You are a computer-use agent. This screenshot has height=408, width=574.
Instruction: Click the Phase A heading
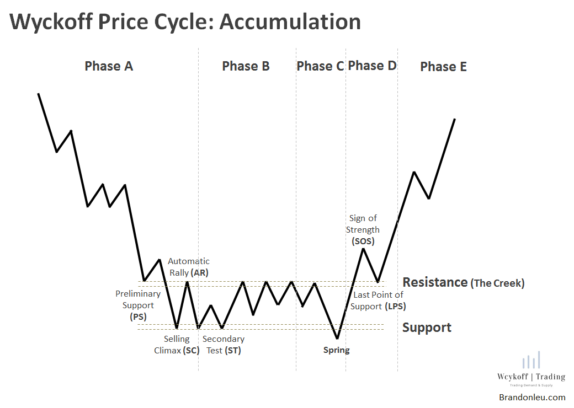(109, 66)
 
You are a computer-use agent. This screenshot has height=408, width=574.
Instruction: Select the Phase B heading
(246, 66)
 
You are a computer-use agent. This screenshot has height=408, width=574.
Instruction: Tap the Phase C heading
(320, 66)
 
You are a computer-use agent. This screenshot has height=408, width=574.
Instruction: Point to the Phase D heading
(372, 66)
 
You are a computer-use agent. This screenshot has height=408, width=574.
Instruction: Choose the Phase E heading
(443, 67)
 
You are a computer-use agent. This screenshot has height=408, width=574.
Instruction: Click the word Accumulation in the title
(290, 22)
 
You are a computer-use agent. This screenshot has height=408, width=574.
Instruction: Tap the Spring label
(336, 350)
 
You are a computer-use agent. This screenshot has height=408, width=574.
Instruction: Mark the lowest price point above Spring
(337, 338)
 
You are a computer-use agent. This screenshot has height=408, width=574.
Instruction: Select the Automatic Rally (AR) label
(189, 267)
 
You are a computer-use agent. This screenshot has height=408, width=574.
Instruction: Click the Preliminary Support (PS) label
(138, 305)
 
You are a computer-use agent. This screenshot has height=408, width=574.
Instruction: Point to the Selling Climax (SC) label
(177, 345)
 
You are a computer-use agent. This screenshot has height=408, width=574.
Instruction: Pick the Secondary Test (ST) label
(223, 345)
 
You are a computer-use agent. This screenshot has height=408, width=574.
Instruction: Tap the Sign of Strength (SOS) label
(363, 229)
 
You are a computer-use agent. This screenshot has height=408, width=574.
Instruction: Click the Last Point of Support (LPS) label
(379, 300)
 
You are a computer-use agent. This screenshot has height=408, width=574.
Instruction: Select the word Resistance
(434, 282)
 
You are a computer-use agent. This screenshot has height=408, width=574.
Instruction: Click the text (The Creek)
(497, 283)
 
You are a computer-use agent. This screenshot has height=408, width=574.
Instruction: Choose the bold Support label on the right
(427, 328)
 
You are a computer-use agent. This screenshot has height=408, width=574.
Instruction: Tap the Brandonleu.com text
(532, 397)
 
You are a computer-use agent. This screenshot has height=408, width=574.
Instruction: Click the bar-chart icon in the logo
(531, 361)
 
